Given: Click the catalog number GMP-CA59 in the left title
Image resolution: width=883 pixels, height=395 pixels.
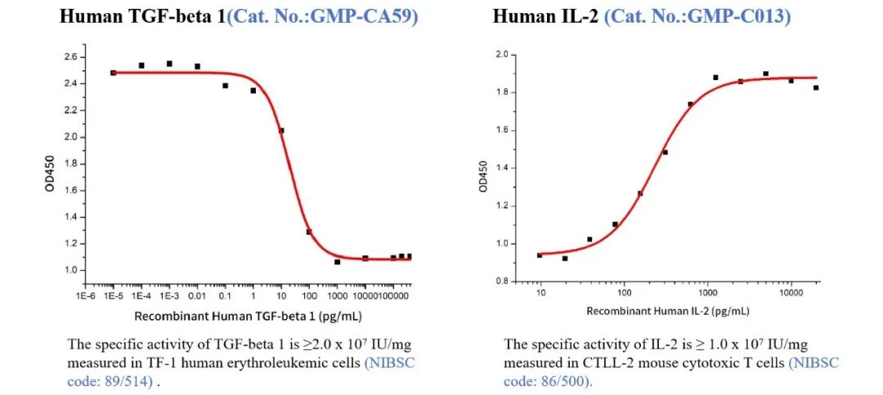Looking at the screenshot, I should click(370, 16).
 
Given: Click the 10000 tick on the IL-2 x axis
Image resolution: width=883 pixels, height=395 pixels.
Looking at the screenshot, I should click(791, 293).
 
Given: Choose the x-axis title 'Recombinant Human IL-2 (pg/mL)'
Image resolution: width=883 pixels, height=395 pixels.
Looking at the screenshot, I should click(667, 312).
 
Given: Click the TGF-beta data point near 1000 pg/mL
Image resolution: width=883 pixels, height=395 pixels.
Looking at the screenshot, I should click(337, 262).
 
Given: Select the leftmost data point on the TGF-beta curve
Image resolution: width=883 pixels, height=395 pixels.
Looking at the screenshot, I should click(114, 73).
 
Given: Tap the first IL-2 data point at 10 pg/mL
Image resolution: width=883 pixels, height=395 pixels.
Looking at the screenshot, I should click(540, 255).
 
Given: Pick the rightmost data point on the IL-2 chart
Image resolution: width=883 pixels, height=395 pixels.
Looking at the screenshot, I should click(816, 88).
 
